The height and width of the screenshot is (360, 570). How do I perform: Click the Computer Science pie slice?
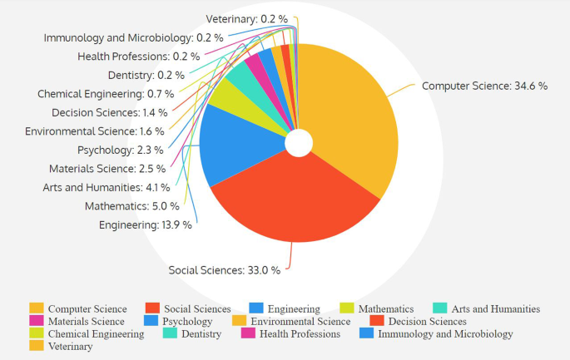(x=349, y=116)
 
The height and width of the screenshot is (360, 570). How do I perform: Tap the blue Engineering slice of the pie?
(x=233, y=145)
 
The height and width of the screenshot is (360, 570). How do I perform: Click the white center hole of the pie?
(x=298, y=144)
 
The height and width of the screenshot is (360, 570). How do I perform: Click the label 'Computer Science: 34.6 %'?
(x=484, y=86)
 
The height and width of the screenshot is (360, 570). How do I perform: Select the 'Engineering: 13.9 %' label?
(x=146, y=224)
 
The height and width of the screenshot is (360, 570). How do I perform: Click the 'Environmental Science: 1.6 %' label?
(x=95, y=131)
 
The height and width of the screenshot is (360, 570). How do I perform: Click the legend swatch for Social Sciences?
(x=152, y=309)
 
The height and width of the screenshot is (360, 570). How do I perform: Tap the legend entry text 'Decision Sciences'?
(x=428, y=321)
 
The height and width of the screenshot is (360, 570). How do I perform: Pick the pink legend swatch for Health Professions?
(x=248, y=333)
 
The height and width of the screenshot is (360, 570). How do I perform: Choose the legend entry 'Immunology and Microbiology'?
(x=445, y=333)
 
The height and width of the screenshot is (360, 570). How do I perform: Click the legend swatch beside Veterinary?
(x=36, y=346)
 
